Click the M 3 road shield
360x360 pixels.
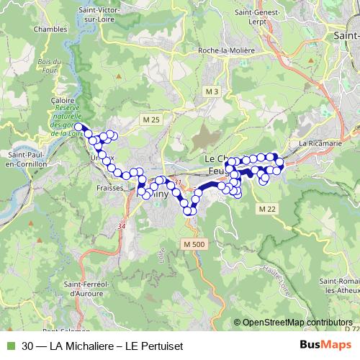point(211,92)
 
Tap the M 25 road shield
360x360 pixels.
point(151,118)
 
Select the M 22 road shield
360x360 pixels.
point(267,208)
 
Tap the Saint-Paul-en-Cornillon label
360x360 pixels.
point(27,158)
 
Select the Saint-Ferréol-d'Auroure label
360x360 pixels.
point(89,289)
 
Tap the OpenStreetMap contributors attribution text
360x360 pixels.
point(296,323)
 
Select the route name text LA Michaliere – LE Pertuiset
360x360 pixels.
point(115,346)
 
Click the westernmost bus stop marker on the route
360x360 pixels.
point(78,127)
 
